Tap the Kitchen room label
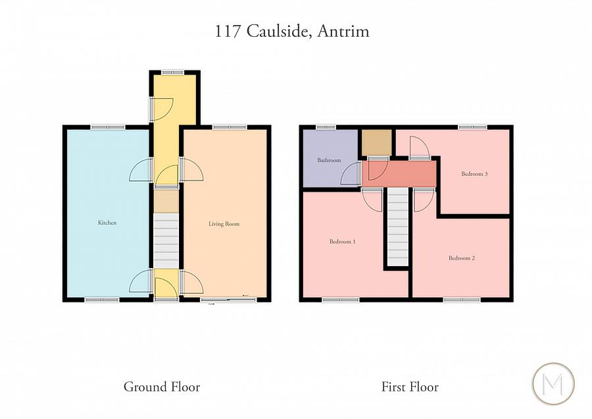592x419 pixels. coord(107,223)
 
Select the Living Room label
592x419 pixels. coord(224,224)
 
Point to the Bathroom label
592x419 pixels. coord(329,160)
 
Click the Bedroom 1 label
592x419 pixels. coord(342,242)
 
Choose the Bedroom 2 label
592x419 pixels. coord(462,258)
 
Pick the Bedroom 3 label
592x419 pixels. coord(474,174)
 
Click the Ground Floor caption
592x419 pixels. coord(162,387)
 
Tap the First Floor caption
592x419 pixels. coord(410,387)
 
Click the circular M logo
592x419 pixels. coord(553,383)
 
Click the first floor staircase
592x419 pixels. coord(398,227)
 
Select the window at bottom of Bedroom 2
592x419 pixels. coord(462,300)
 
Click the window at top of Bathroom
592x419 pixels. coord(326,126)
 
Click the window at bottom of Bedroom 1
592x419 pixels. coord(341,300)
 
